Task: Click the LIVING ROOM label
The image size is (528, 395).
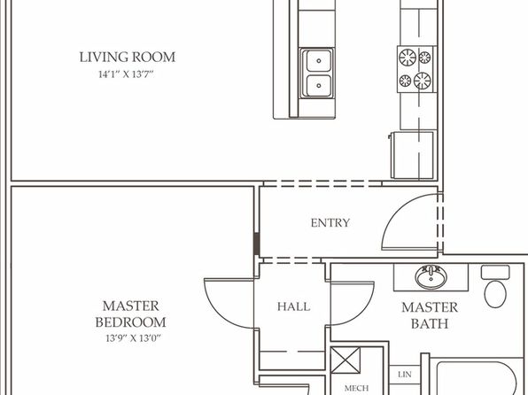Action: pos(128,57)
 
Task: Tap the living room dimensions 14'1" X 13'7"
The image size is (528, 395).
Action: pos(126,74)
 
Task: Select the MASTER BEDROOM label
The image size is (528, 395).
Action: pos(130,314)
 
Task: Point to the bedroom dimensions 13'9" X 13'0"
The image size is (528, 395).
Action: pos(134,338)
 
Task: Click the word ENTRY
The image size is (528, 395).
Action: pos(330,223)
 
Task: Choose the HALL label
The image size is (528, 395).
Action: pos(293,306)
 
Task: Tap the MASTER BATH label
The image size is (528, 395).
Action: pos(430,315)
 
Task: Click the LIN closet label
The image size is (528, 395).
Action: pos(405,374)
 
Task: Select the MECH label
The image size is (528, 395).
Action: pos(357,388)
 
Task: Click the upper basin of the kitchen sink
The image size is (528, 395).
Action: pos(319,61)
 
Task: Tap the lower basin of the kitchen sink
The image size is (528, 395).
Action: pos(319,86)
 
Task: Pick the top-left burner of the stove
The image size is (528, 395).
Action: pos(408,58)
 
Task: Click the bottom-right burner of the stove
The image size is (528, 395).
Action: pos(423,81)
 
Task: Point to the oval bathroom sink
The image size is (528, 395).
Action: pos(431,277)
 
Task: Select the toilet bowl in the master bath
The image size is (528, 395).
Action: pos(495,294)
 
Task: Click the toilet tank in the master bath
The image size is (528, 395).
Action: pos(495,272)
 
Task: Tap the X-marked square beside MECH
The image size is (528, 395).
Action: pos(346,360)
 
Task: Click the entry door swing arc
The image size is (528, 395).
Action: pos(398,212)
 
